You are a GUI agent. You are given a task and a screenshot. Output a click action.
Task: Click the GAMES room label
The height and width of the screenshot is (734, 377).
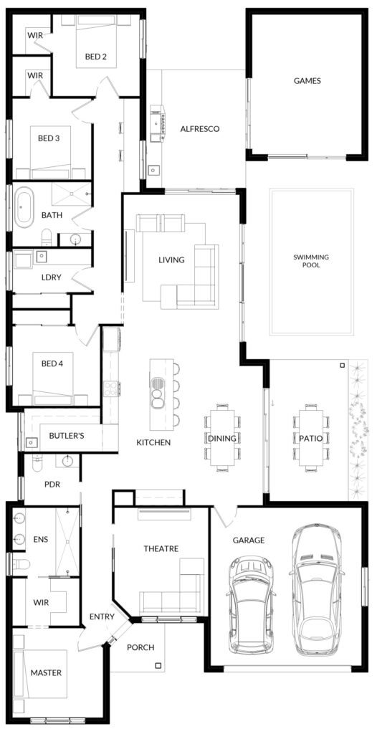(307, 81)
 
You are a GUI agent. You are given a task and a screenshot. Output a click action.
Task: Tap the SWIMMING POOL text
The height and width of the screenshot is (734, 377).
(311, 261)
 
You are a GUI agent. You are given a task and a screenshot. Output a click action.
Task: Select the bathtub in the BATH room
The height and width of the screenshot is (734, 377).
(24, 207)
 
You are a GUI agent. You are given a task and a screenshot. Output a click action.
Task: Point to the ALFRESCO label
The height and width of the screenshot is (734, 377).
(199, 129)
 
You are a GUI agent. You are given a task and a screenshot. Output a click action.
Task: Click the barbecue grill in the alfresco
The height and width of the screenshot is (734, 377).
(158, 123)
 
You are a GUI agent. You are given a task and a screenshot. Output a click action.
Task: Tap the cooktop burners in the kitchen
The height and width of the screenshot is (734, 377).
(110, 389)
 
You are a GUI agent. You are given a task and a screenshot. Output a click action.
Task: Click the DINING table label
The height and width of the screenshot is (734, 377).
(222, 438)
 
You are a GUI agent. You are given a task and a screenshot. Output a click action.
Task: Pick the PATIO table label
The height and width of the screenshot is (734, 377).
(311, 439)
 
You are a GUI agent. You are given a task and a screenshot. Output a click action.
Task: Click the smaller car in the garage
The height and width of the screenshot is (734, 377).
(251, 604)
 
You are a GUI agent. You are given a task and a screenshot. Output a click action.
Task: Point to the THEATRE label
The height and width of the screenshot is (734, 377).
(161, 548)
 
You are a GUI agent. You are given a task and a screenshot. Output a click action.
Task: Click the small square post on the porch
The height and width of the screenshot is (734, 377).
(158, 665)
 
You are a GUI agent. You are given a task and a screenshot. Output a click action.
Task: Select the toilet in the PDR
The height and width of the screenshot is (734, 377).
(37, 462)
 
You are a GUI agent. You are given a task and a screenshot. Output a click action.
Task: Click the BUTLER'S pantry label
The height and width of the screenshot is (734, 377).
(67, 436)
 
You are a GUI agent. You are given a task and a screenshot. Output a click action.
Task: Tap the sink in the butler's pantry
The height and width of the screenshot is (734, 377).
(32, 442)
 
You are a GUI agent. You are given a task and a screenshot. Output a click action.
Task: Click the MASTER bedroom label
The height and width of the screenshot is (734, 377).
(46, 672)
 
